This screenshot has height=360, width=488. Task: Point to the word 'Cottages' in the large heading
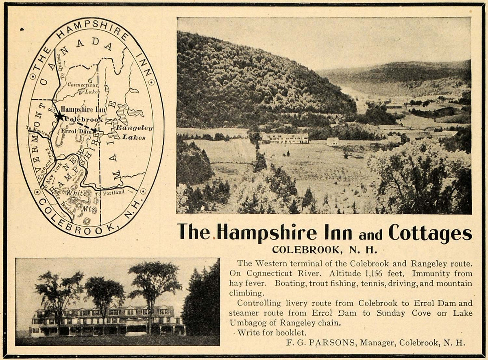click(430, 233)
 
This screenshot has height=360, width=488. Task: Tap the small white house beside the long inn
click(332, 141)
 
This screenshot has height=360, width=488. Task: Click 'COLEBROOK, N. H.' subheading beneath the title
click(325, 249)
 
